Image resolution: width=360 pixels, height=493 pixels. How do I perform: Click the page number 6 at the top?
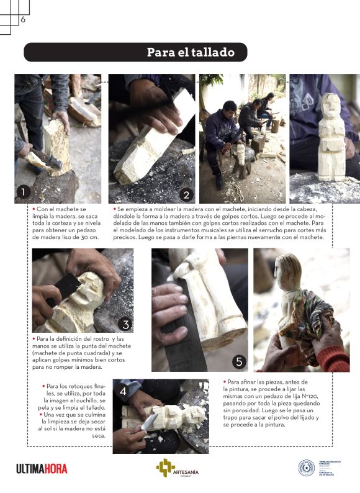point(23,19)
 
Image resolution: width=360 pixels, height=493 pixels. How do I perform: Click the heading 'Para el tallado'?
point(191,52)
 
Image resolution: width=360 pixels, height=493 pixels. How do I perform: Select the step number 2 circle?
point(184,194)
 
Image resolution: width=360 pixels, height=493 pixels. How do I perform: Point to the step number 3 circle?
point(125,323)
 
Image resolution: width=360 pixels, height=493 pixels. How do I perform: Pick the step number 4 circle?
point(123,391)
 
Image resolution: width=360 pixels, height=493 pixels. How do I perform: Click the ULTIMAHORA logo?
point(42,468)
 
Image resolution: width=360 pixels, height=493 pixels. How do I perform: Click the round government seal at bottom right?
point(306,468)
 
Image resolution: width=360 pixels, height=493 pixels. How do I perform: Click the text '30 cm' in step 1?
point(88,237)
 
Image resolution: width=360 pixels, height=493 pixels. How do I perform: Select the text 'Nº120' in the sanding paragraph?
point(309,403)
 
